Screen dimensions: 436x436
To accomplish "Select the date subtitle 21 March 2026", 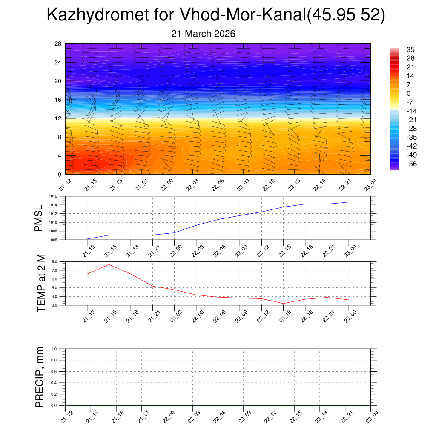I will [203, 33].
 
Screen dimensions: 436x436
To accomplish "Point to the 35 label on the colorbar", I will [399, 50].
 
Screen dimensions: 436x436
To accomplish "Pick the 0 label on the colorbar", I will [397, 94].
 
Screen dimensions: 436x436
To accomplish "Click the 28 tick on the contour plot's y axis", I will [58, 44].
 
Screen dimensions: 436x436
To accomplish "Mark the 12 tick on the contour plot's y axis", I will [58, 118].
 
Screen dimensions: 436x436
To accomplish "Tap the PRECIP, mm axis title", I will [40, 377].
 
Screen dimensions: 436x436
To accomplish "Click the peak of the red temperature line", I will [109, 264].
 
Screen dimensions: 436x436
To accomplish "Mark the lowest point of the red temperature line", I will [284, 304].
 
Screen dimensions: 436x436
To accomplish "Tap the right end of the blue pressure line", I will [349, 202].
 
